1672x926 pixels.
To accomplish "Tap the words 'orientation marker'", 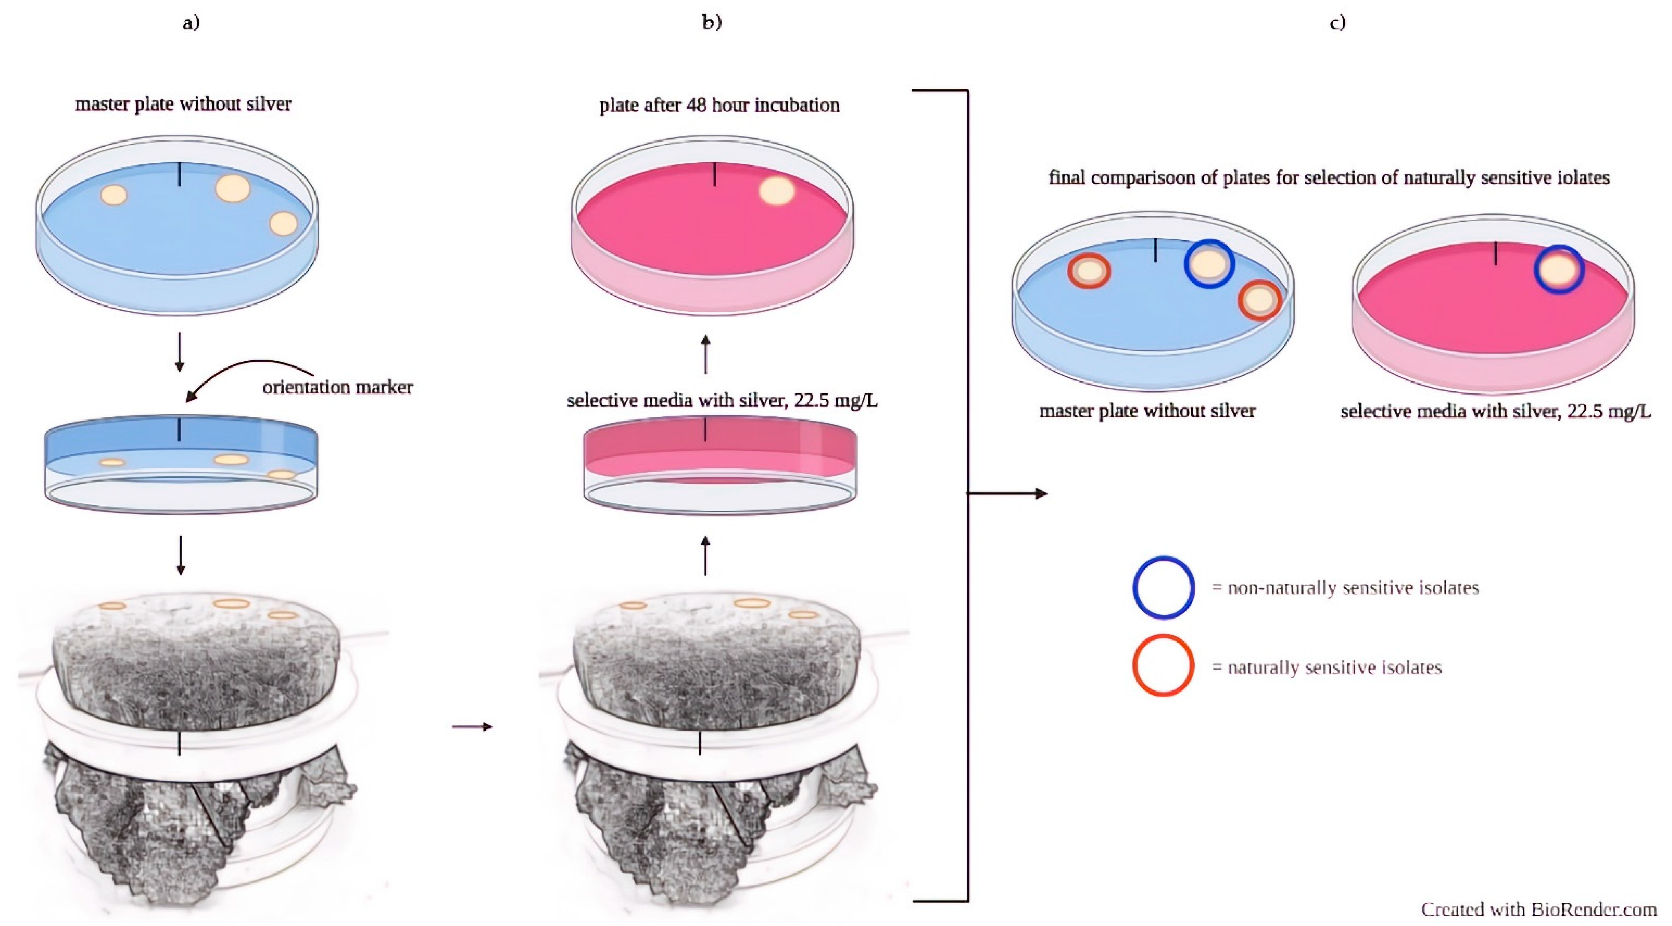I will click(338, 388).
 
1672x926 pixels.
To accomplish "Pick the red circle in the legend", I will click(1163, 666).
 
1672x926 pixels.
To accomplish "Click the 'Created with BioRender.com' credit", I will click(1538, 909).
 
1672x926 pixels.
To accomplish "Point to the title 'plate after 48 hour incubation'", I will click(719, 105).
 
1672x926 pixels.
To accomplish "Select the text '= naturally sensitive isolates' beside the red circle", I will click(1327, 668).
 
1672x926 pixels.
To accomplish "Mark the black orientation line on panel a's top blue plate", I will click(180, 174).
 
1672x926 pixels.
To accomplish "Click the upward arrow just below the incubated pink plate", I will click(706, 354).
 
